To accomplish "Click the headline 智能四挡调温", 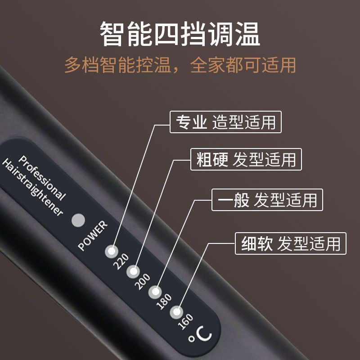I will coord(180,34).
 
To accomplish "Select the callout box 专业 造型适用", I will coord(225,122).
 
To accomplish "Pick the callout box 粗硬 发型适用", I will coord(246,160).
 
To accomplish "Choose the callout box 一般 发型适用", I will coord(267,199).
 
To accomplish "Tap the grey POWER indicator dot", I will coord(78,221).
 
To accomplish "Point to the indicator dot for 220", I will coord(112,251).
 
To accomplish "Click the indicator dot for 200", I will coord(134,271).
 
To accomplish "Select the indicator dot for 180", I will coord(155,292).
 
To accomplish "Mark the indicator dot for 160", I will coord(176,312).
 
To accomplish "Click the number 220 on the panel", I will coord(121,262).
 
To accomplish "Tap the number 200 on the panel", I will coord(143,282).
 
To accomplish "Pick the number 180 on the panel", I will coord(164,302).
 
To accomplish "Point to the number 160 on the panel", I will coord(185,322).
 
